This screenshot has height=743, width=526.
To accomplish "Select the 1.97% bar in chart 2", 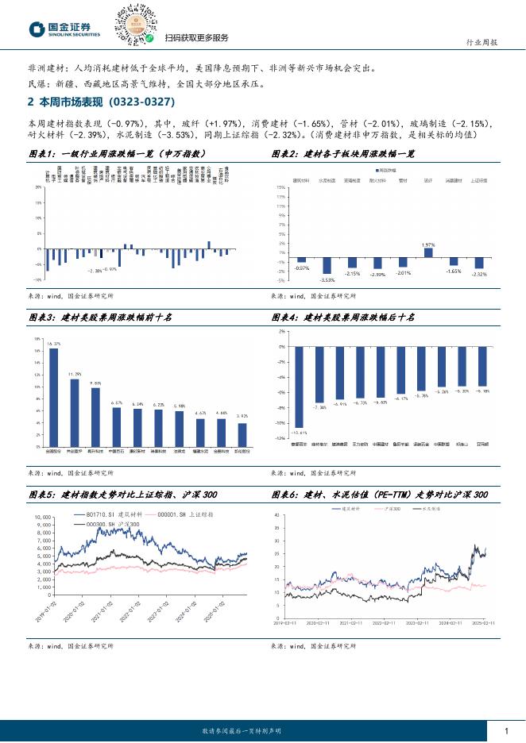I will point(428,252).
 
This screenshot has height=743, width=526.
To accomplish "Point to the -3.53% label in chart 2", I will point(327,279).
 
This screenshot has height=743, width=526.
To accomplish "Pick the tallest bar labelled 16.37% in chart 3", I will point(53,397).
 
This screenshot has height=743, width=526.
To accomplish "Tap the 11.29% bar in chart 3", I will point(75,412).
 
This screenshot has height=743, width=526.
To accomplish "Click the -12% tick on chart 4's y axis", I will point(281,437).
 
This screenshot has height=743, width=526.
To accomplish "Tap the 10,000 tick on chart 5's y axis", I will point(41,517).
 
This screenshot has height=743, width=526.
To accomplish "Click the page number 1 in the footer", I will point(506,730).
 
